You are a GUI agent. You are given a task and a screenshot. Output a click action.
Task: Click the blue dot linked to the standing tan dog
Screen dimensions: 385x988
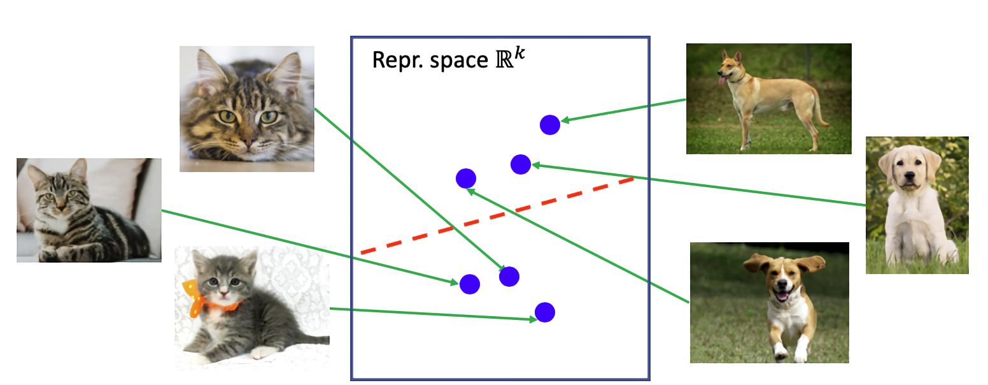coord(549,125)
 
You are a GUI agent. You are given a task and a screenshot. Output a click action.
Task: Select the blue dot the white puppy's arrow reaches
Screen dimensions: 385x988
coord(521,164)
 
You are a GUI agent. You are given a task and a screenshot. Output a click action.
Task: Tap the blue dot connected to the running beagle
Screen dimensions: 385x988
coord(466,178)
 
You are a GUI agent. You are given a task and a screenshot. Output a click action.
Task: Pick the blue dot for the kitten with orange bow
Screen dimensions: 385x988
coord(544,312)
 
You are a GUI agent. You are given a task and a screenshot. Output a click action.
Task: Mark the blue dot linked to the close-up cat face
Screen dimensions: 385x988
coord(509,277)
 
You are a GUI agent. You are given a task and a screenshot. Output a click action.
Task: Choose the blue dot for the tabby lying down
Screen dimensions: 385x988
coord(469,284)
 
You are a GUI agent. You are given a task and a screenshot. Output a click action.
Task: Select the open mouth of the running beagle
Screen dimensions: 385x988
coord(782,295)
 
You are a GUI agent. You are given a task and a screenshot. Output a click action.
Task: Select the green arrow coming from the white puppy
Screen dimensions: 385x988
coord(700,185)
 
